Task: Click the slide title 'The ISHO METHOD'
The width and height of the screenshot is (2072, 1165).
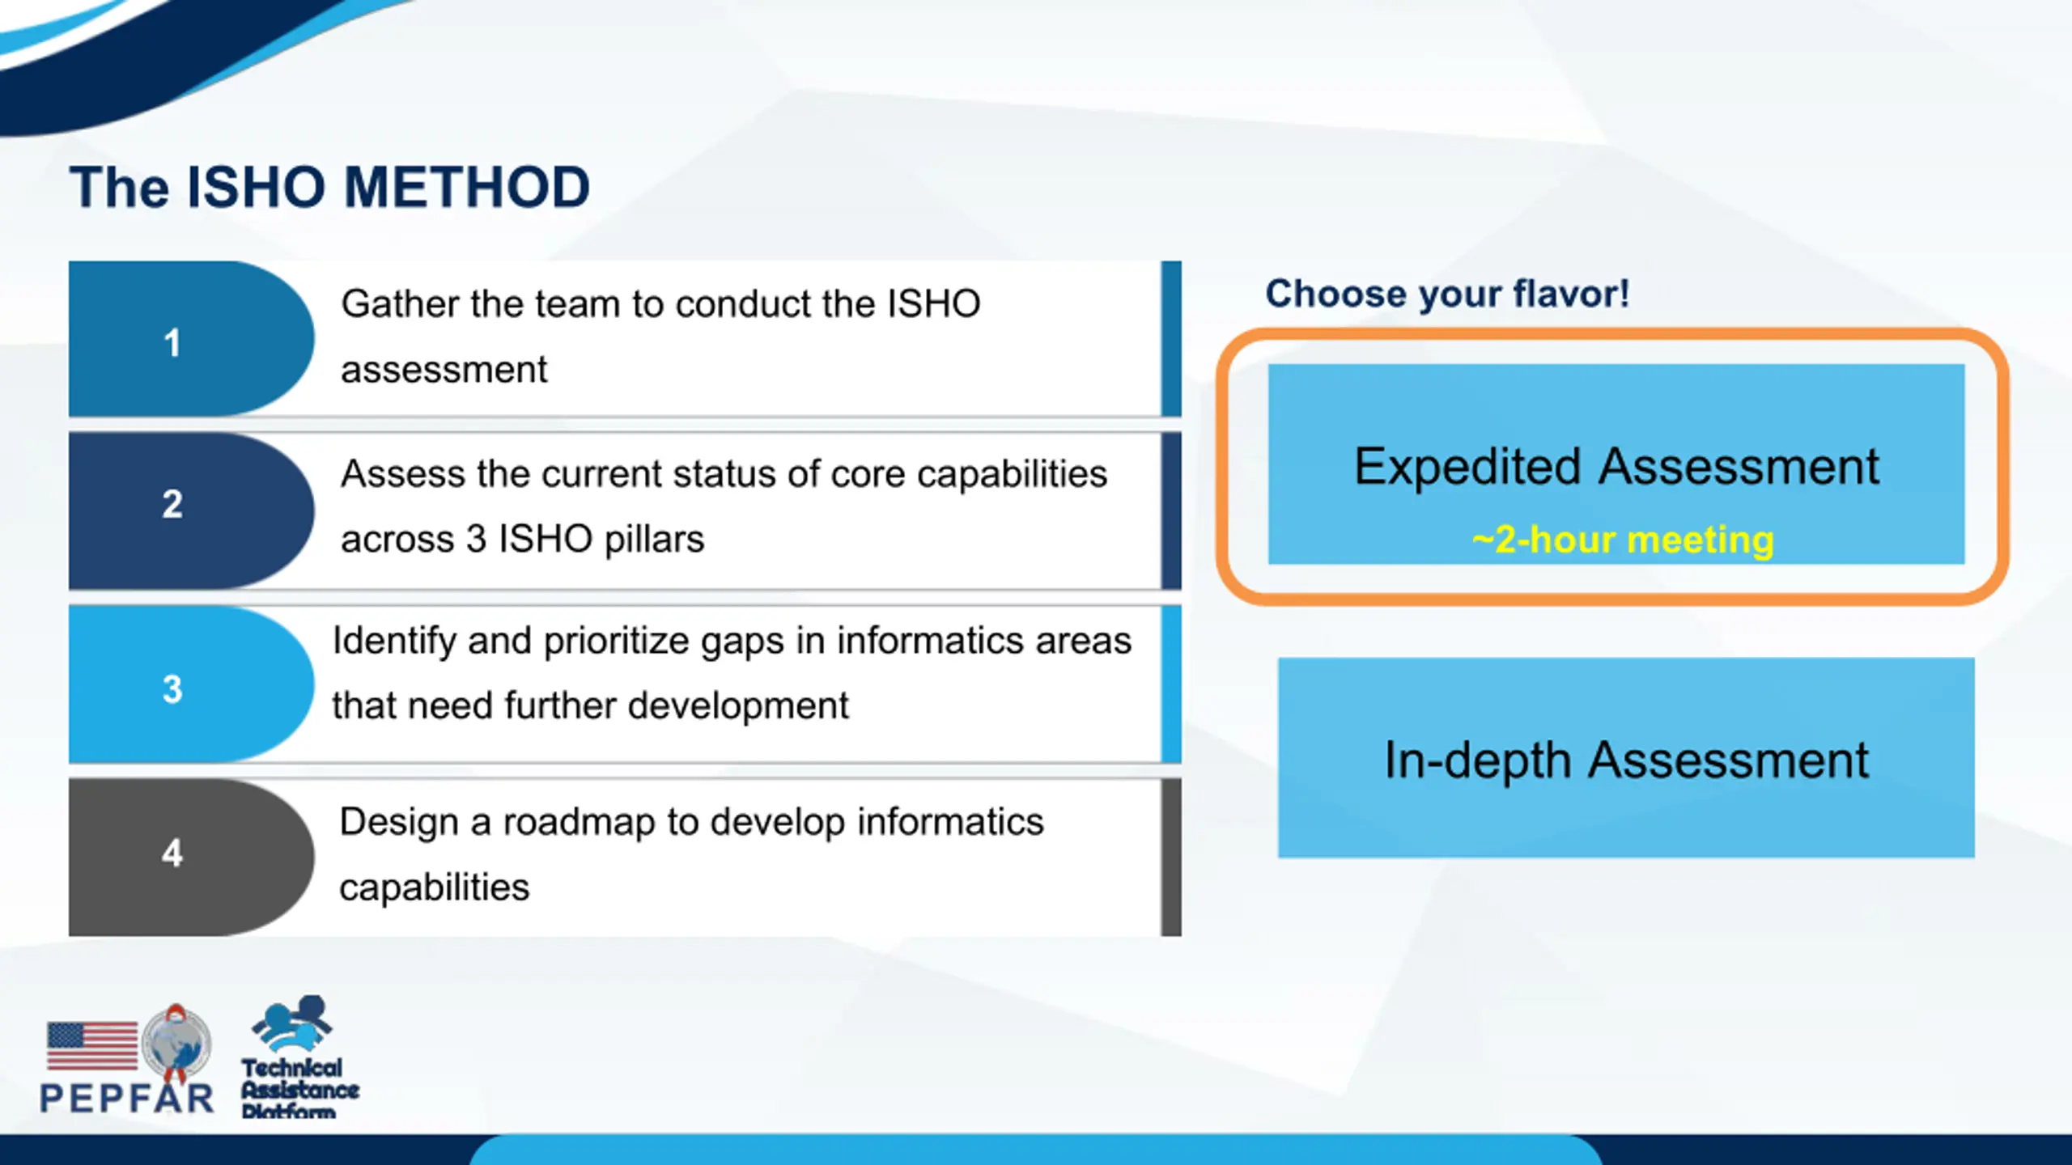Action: [329, 188]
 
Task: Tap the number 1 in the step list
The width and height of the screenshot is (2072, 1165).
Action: [172, 343]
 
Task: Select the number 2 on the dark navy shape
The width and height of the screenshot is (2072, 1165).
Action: [172, 504]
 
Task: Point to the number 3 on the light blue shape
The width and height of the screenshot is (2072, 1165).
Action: [172, 689]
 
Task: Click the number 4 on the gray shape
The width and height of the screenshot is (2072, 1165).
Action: [172, 853]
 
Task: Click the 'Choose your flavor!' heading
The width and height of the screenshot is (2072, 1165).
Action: [1447, 293]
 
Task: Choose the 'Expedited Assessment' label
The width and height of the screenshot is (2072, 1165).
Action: [1616, 467]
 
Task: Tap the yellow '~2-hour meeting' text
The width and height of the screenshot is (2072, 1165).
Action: [1623, 540]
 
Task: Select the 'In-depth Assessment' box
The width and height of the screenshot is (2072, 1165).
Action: [1626, 757]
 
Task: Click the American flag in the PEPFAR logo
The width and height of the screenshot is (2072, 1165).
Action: [92, 1045]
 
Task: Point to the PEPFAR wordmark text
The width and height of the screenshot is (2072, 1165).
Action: [127, 1098]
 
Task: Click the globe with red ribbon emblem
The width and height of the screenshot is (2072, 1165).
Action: [176, 1044]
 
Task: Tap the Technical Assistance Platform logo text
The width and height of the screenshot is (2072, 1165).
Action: [299, 1089]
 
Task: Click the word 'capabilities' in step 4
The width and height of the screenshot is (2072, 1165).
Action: [435, 888]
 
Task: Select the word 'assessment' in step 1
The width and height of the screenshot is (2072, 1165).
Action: [444, 371]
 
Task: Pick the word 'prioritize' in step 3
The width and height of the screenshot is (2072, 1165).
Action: [616, 642]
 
